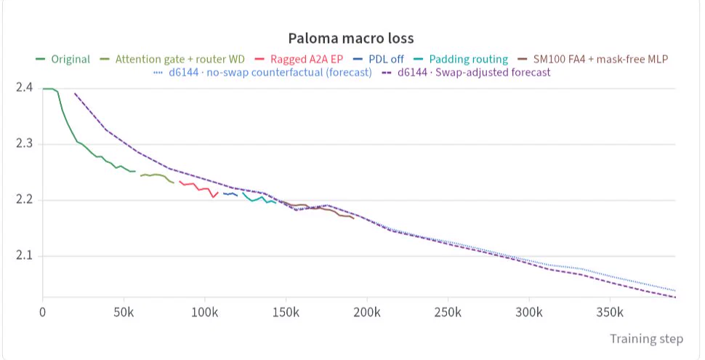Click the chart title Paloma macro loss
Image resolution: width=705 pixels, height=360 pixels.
click(x=351, y=39)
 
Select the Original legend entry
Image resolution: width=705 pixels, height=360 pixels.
click(x=63, y=60)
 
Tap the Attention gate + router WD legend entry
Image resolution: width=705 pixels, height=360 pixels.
click(x=172, y=60)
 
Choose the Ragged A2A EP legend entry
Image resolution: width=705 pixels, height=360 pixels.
click(x=299, y=60)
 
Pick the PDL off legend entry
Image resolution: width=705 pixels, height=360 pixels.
click(x=379, y=60)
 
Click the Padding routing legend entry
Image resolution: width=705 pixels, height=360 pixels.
click(x=461, y=60)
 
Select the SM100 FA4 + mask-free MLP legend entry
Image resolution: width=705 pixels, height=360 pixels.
click(x=593, y=60)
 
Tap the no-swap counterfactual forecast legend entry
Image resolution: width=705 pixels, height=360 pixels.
click(x=262, y=73)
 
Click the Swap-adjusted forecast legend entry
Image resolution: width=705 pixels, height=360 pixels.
click(x=467, y=73)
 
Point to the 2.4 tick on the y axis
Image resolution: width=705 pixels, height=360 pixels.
click(x=24, y=87)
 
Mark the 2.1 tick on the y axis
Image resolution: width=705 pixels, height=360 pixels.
click(x=24, y=255)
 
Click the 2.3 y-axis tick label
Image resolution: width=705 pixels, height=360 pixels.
click(x=24, y=143)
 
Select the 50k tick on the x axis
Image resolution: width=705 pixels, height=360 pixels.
click(x=124, y=312)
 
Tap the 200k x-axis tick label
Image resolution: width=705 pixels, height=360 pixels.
click(x=367, y=312)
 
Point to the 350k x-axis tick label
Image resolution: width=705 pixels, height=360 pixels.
click(x=610, y=312)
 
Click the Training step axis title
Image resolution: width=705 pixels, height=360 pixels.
click(x=647, y=339)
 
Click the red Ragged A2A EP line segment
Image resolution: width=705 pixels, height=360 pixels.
click(x=198, y=189)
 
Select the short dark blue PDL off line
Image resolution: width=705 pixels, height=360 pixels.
click(x=230, y=194)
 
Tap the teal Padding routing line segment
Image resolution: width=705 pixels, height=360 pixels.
click(x=259, y=199)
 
